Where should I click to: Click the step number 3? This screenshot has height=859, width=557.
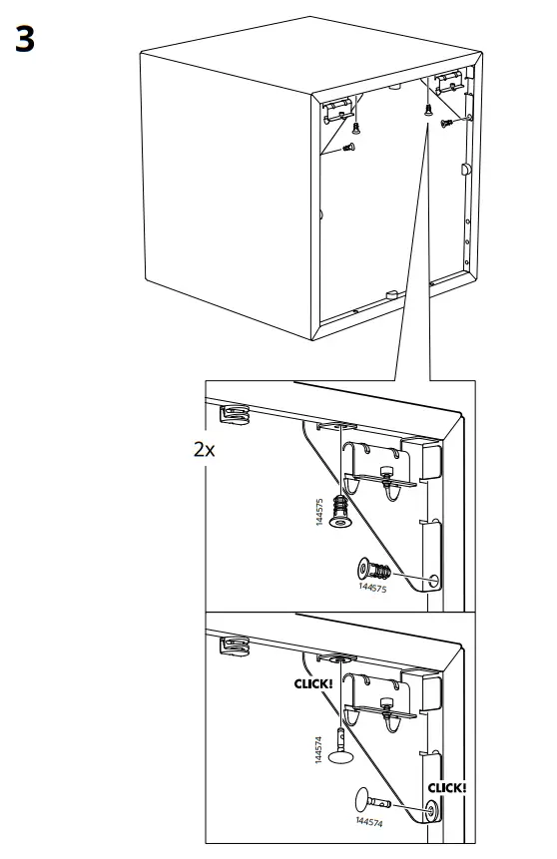click(25, 39)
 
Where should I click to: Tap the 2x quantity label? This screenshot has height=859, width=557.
click(204, 449)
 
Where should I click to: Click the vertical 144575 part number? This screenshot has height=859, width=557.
click(319, 512)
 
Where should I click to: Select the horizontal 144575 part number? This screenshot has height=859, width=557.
click(372, 588)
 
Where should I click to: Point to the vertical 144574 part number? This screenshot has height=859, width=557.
click(318, 749)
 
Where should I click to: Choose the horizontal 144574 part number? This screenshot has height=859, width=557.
click(369, 822)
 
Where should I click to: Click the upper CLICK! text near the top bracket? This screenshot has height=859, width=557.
click(313, 683)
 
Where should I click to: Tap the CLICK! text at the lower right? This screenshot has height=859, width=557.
click(447, 788)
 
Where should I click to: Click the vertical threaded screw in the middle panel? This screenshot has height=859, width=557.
click(341, 512)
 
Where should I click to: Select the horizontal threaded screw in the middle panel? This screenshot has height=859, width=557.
click(374, 571)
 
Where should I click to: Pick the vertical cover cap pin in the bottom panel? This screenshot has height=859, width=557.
click(340, 747)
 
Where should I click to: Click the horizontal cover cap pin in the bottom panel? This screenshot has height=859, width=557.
click(372, 800)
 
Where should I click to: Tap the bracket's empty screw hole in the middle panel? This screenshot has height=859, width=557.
click(434, 581)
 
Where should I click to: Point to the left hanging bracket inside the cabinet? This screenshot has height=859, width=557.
click(336, 110)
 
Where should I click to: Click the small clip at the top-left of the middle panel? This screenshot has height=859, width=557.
click(236, 414)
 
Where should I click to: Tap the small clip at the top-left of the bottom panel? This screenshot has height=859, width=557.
click(236, 645)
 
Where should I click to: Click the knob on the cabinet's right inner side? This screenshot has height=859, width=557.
click(465, 169)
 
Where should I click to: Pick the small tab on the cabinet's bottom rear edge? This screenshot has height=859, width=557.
click(391, 294)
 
